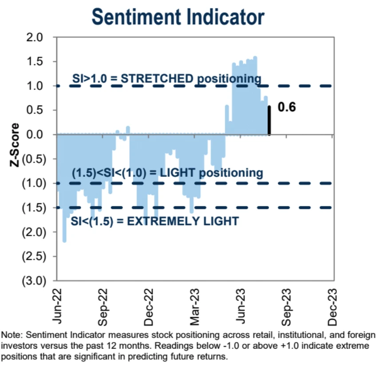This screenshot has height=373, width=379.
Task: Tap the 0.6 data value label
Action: point(287,107)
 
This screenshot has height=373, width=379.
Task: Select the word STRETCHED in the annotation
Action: point(157,79)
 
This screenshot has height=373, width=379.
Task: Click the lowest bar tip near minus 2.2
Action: point(64,241)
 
